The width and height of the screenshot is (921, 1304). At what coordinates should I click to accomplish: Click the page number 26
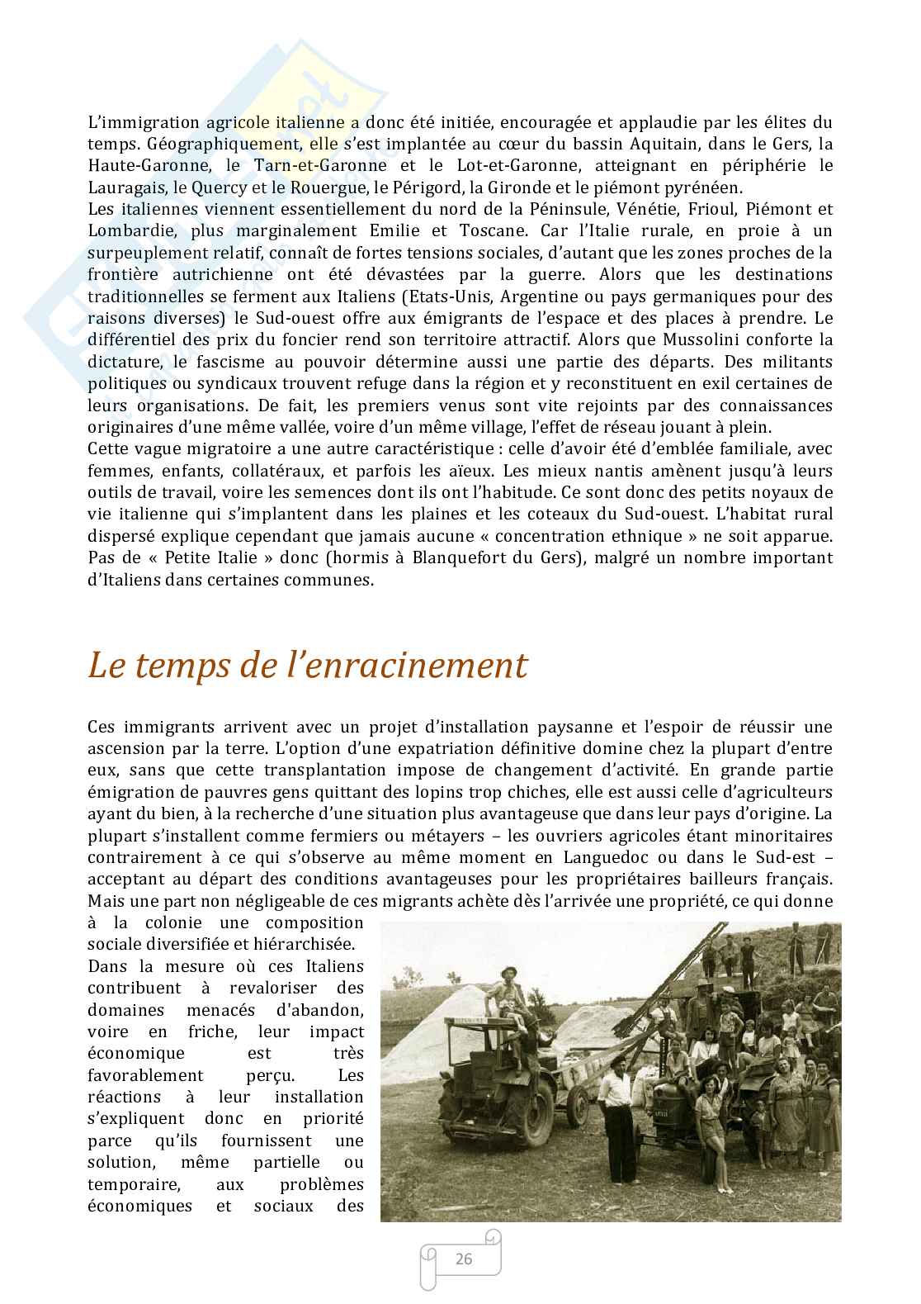[x=463, y=1259]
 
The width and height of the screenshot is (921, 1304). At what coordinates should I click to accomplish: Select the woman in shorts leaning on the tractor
[x=708, y=1131]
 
